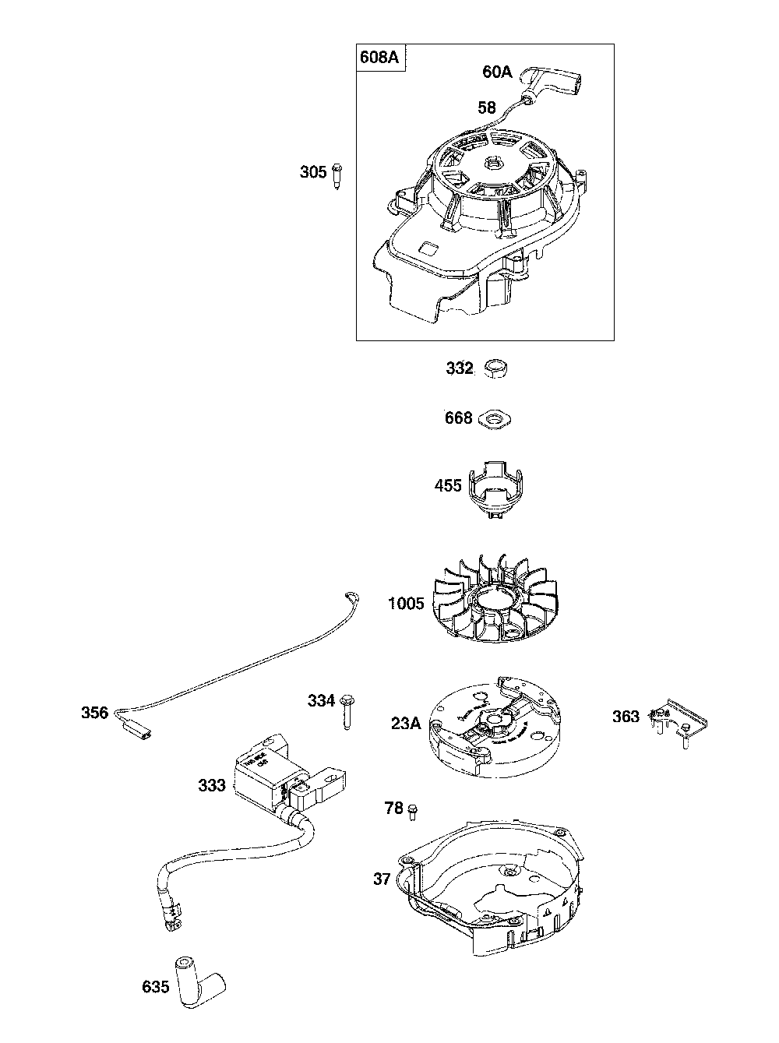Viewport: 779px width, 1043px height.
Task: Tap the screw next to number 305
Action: [337, 174]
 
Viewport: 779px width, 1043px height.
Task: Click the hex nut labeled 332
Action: [495, 368]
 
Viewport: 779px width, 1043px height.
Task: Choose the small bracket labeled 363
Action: [674, 718]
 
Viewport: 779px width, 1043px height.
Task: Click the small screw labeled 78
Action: [413, 810]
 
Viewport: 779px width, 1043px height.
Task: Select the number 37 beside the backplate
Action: [382, 879]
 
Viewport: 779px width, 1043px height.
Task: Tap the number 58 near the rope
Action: [487, 107]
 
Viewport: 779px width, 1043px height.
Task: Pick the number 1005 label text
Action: [406, 603]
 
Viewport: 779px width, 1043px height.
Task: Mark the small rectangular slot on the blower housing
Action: [428, 248]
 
